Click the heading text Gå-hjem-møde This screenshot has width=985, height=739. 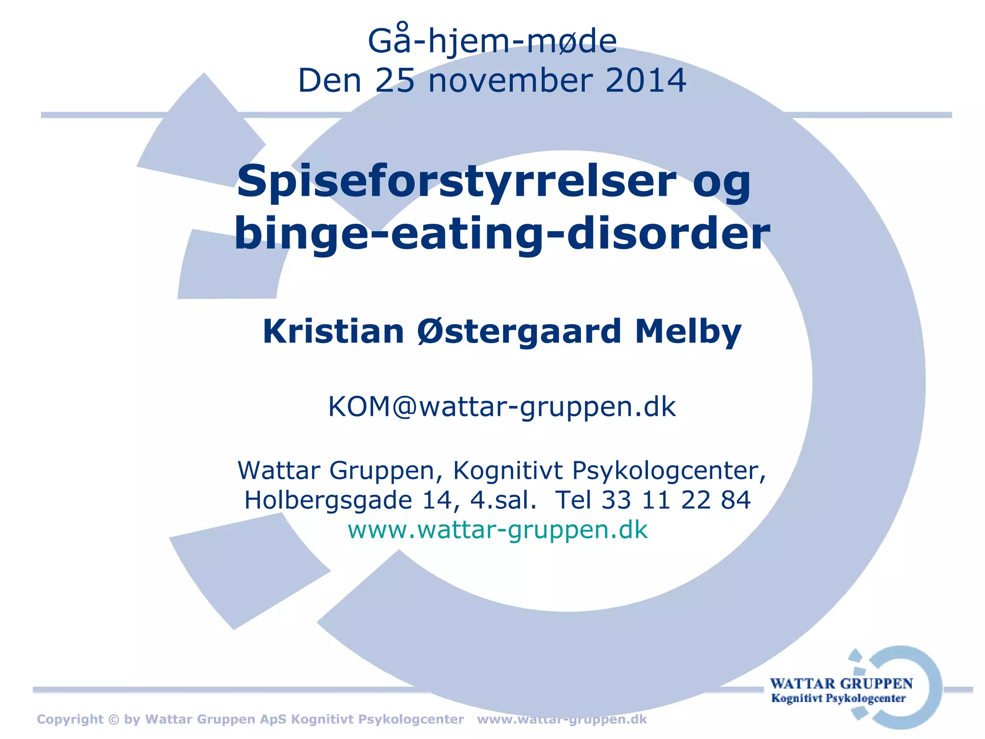(492, 41)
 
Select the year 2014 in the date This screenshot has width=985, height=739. (645, 81)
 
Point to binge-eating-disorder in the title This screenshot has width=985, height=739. (502, 234)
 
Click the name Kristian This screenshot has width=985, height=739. (333, 331)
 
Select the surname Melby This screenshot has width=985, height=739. (688, 331)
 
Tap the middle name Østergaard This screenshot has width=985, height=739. (519, 331)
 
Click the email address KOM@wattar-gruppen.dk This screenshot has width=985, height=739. (502, 407)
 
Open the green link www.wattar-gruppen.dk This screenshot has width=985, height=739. (498, 530)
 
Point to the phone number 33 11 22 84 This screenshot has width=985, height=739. (676, 500)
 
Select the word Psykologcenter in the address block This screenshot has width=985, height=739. (669, 471)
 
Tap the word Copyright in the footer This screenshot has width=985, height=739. (70, 719)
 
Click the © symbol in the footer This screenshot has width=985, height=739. (114, 719)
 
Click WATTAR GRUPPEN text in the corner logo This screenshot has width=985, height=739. (841, 684)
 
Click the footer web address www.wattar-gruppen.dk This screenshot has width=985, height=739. (562, 719)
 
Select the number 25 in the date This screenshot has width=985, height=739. (395, 81)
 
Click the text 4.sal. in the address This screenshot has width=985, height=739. (503, 500)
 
